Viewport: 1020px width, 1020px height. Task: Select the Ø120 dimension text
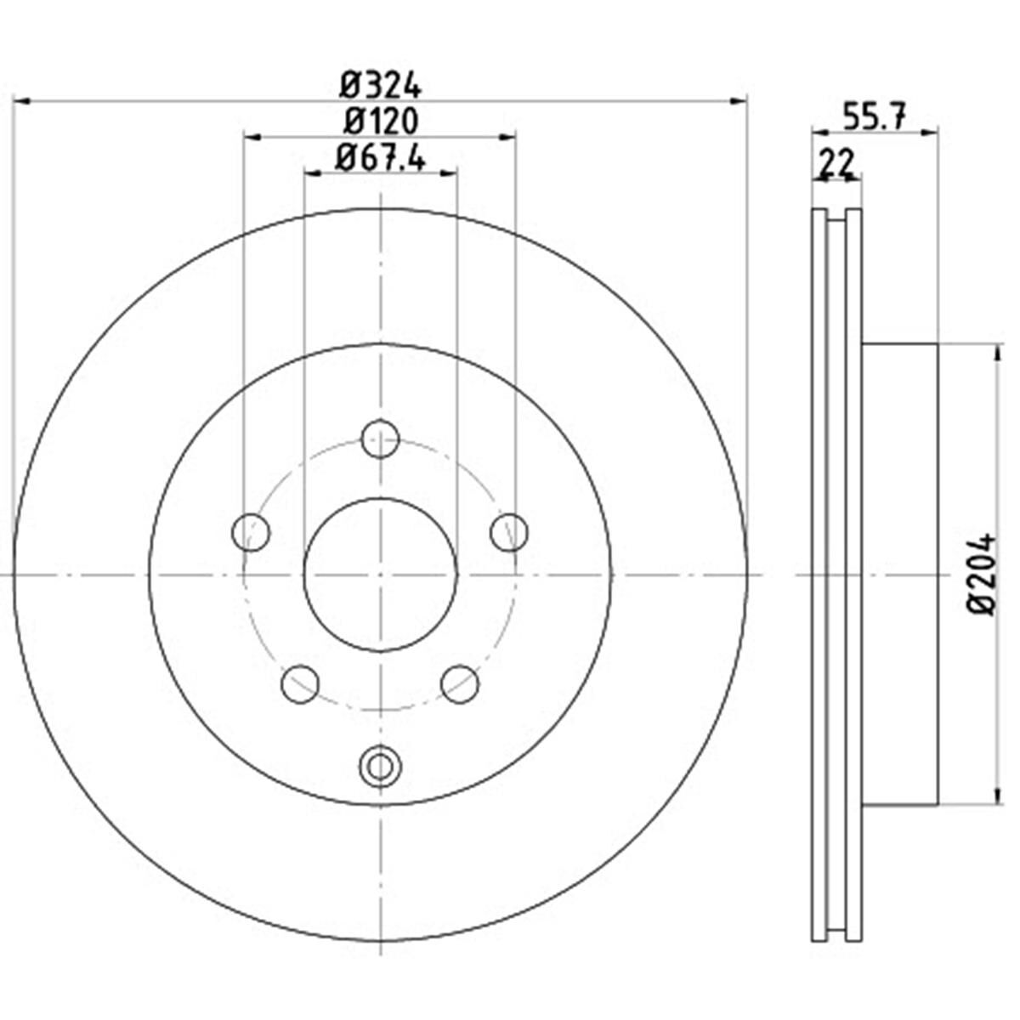point(381,122)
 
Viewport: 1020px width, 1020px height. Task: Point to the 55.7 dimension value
point(875,116)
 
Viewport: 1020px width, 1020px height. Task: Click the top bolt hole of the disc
point(380,439)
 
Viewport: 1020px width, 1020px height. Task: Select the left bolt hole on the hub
point(251,532)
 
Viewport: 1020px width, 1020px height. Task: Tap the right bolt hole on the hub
point(509,532)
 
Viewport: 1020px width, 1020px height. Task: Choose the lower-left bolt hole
point(300,684)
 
